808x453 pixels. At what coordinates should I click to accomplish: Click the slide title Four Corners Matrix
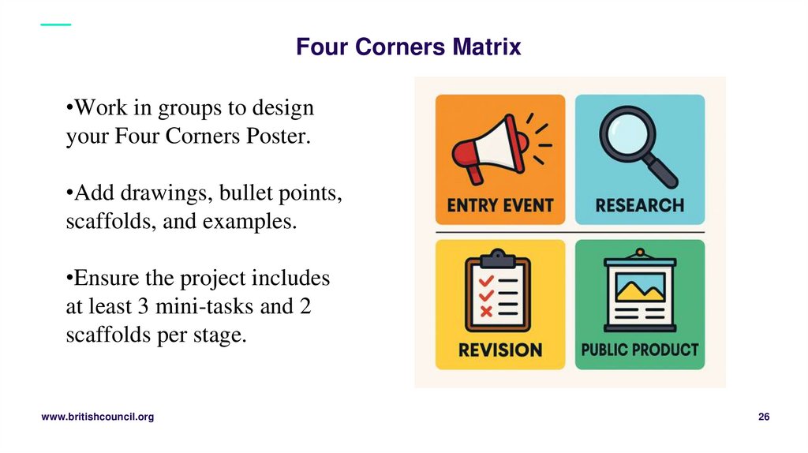(x=408, y=47)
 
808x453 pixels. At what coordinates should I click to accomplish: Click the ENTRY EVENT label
(x=500, y=206)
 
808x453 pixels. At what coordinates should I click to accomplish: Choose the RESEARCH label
(x=639, y=206)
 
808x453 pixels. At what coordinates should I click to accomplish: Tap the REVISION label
(x=500, y=350)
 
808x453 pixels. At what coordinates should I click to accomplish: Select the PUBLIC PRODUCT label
(x=639, y=349)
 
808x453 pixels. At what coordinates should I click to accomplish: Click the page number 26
(x=764, y=417)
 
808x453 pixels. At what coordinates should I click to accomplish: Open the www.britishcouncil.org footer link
(x=97, y=417)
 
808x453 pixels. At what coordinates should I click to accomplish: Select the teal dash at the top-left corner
(x=55, y=24)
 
